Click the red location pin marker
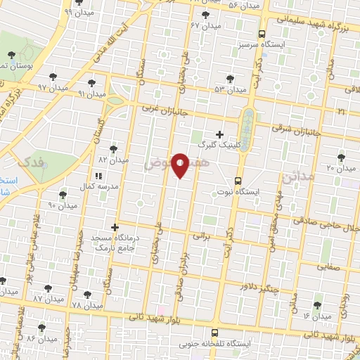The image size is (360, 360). (x=181, y=165)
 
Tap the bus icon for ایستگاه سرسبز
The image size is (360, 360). (x=262, y=33)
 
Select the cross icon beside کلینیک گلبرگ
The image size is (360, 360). (x=219, y=134)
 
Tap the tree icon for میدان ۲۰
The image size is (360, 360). (x=342, y=157)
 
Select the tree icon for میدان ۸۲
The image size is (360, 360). (x=114, y=149)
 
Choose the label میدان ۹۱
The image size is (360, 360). (x=92, y=94)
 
